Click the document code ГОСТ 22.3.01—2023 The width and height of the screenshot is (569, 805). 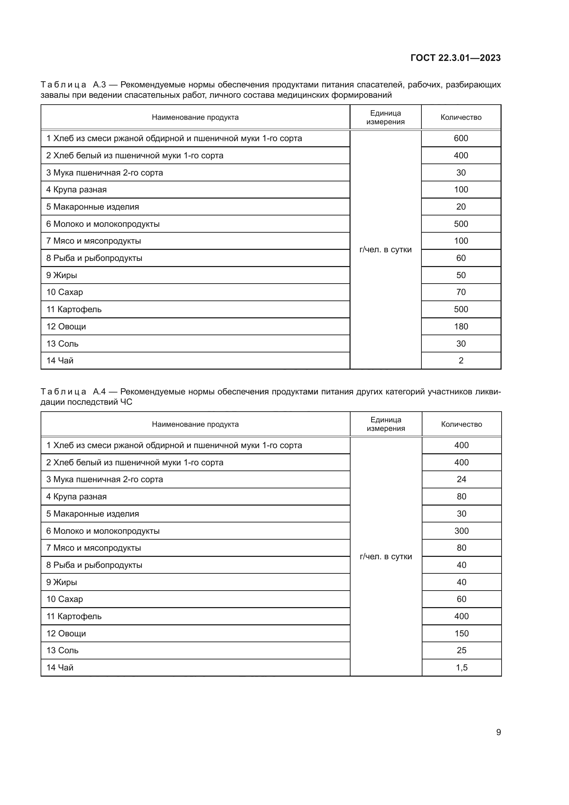pos(455,58)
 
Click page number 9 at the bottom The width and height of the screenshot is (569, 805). pos(498,732)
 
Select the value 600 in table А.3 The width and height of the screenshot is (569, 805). pos(460,138)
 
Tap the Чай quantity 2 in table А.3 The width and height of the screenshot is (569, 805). pos(460,360)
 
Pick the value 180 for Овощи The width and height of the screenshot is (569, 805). pos(460,326)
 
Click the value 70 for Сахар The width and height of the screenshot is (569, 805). pos(460,292)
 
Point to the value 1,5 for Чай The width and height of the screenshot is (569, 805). pos(461,668)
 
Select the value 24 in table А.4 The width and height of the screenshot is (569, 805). pos(461,479)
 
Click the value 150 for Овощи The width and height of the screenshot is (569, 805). pos(461,633)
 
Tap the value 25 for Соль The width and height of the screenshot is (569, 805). pos(461,650)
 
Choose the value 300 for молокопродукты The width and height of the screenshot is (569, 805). pos(461,531)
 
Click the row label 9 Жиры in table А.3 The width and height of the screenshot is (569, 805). pos(62,275)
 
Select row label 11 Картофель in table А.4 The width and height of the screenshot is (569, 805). pos(74,616)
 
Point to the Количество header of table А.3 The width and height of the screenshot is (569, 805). pos(460,117)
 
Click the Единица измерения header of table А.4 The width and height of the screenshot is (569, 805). pos(385,424)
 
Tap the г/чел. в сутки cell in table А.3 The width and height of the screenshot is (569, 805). pos(385,250)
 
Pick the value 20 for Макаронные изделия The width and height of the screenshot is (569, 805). pos(460,207)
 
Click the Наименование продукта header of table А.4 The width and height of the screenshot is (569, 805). pos(195,424)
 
